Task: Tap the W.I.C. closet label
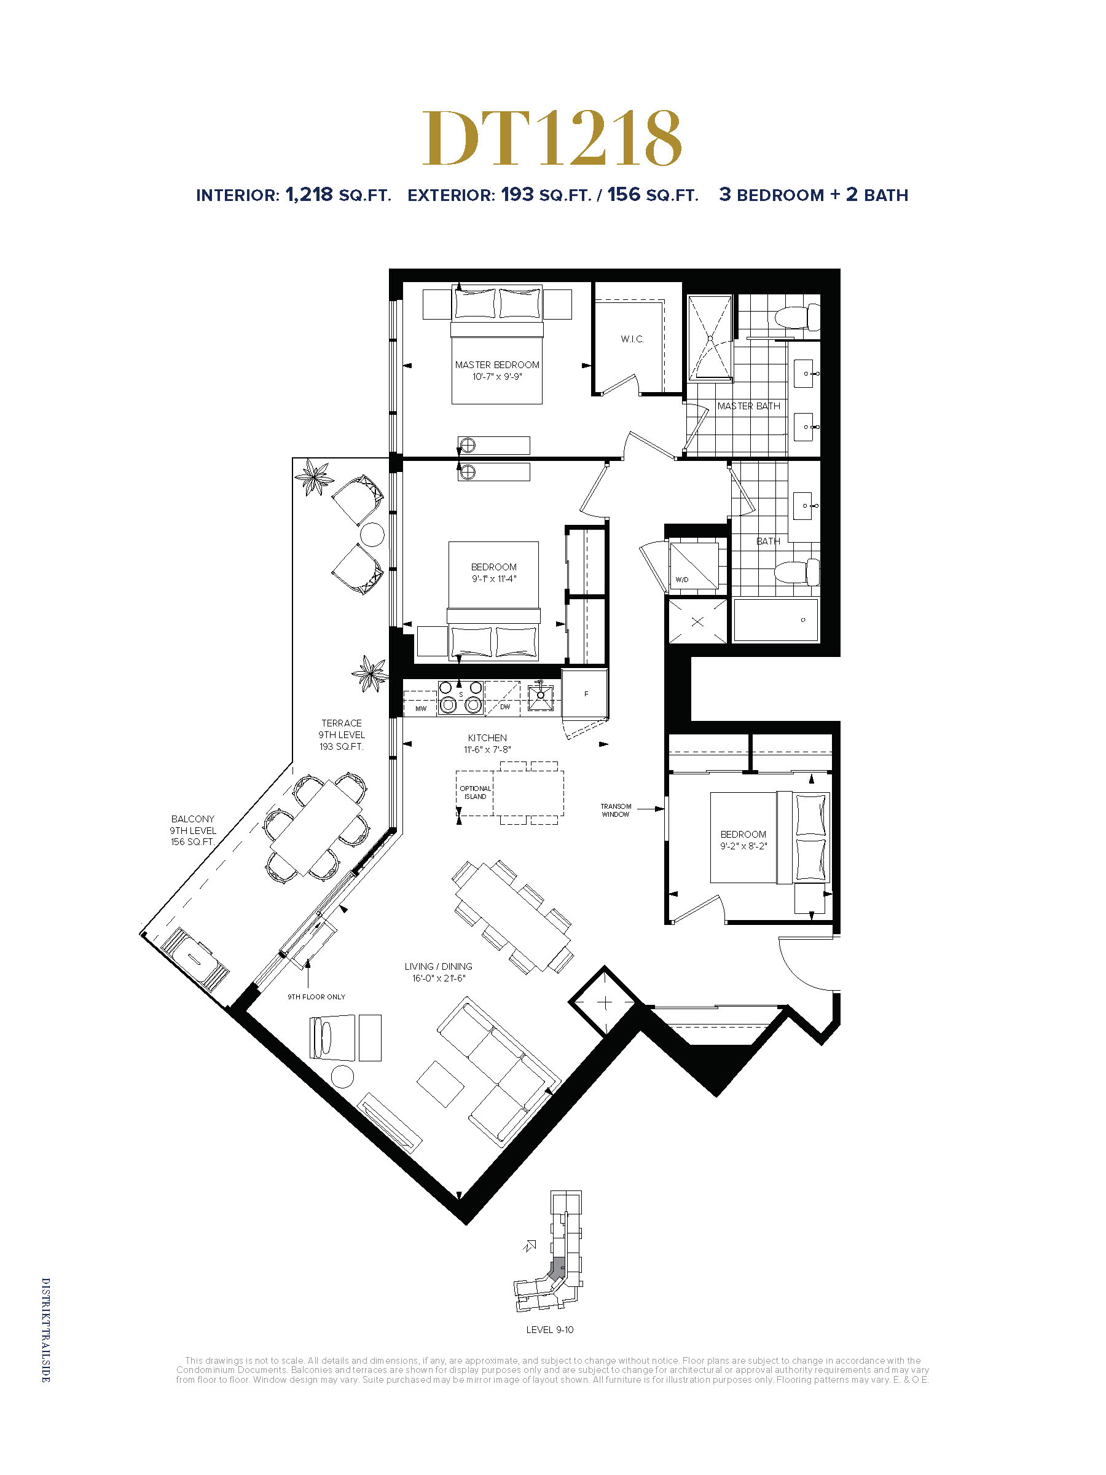[632, 339]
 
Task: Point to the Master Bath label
[748, 406]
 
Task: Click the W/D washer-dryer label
[682, 580]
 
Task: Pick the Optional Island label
[476, 792]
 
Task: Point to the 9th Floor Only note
[316, 997]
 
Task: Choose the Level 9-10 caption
[549, 1329]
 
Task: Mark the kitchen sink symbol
[540, 696]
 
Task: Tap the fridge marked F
[585, 693]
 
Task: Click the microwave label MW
[421, 708]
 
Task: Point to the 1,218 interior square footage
[308, 194]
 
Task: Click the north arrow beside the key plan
[530, 1245]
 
